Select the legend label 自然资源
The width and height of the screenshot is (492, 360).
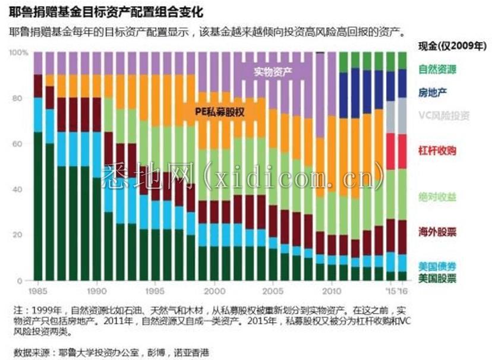tap(437, 69)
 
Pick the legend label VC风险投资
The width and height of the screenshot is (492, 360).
tap(444, 115)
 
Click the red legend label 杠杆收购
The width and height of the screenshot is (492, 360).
tap(437, 151)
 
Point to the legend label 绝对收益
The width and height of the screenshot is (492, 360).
tap(437, 197)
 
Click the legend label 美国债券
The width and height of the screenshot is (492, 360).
tap(437, 266)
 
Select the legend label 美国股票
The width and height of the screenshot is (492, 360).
tap(437, 277)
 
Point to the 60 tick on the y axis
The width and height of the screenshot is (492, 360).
tap(22, 144)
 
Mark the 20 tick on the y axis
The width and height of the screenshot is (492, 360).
tap(22, 235)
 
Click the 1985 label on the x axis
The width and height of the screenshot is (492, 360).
tap(39, 292)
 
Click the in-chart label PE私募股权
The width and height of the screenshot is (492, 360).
tap(220, 111)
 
